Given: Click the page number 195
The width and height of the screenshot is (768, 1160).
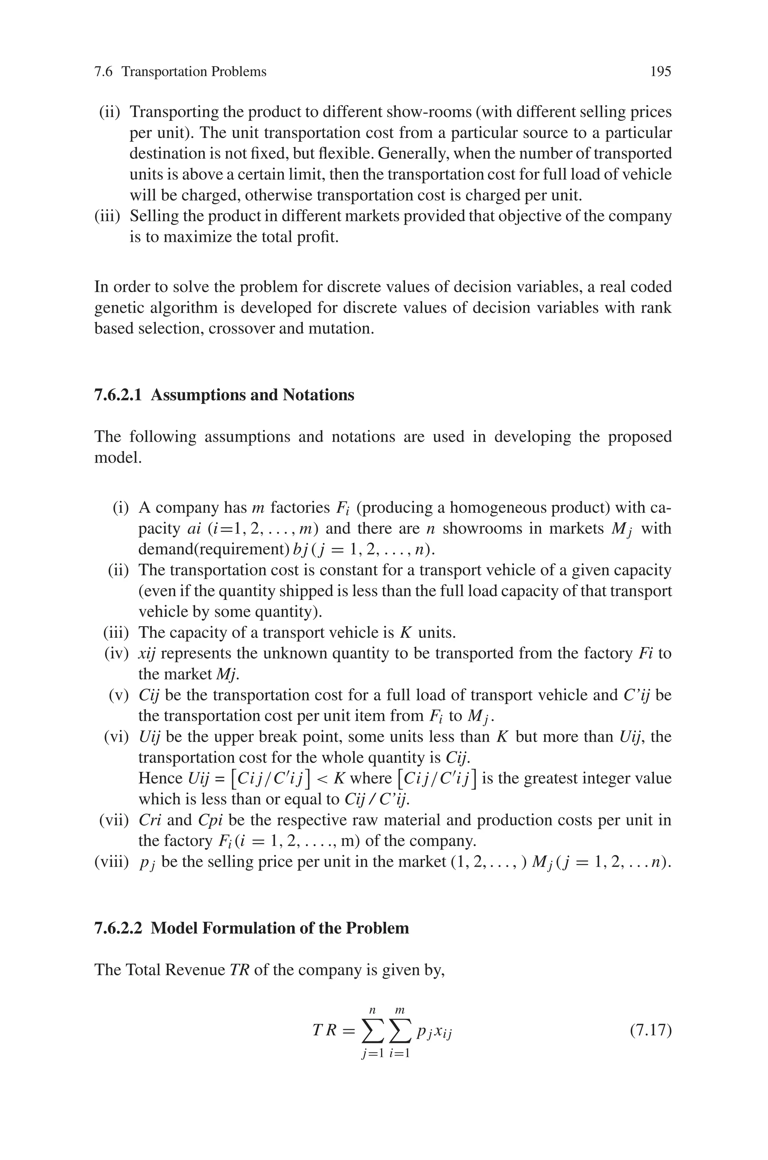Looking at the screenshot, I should pyautogui.click(x=660, y=72).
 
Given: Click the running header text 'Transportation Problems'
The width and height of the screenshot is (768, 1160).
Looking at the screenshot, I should pyautogui.click(x=194, y=72).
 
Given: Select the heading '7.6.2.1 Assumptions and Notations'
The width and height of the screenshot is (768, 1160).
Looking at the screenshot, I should pyautogui.click(x=224, y=395).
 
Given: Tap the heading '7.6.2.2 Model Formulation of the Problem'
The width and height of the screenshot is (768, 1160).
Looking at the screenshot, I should pyautogui.click(x=251, y=928).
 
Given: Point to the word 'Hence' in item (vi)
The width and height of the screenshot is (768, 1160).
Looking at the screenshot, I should pyautogui.click(x=160, y=778).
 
